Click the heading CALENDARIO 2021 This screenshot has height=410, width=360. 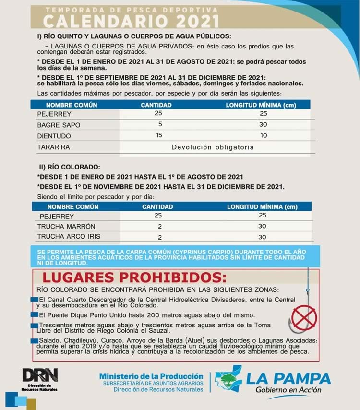point(131,20)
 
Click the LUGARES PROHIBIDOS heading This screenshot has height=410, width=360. point(134,278)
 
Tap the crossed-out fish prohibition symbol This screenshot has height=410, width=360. point(302,317)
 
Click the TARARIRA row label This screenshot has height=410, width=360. point(53,147)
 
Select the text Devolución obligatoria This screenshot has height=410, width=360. point(213,147)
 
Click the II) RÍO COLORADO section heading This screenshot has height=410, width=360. point(70,167)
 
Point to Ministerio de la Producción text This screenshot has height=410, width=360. point(151,376)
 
